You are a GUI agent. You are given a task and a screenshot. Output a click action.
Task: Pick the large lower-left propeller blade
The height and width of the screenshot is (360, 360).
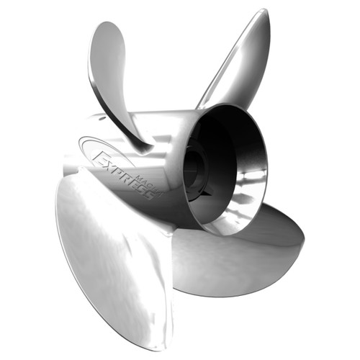[x=115, y=259]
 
